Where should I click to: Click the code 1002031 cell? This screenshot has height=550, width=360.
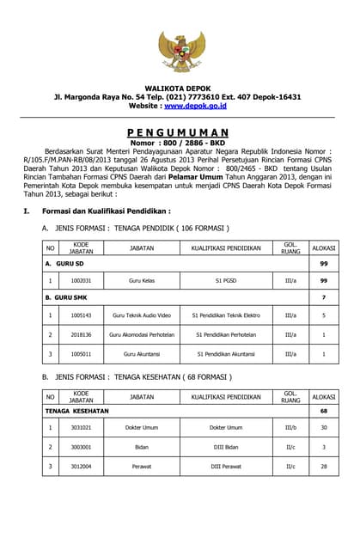coord(82,280)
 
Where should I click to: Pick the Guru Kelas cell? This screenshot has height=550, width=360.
coord(141,280)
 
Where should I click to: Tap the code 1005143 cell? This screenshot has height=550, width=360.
coord(82,315)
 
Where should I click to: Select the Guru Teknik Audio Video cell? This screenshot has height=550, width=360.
coord(141,315)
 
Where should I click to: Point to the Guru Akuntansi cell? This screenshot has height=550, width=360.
coord(141,353)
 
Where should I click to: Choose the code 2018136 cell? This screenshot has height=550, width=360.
coord(82,334)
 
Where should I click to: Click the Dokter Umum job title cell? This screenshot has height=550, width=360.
coord(141,427)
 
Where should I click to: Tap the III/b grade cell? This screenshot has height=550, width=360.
coord(290,427)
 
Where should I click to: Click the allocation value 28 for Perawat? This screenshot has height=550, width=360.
coord(324,467)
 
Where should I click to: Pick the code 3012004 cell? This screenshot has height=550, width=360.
coord(82,467)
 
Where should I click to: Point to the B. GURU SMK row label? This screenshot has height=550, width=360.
coord(69,297)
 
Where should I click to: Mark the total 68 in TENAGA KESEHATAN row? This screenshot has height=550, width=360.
coord(324,411)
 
